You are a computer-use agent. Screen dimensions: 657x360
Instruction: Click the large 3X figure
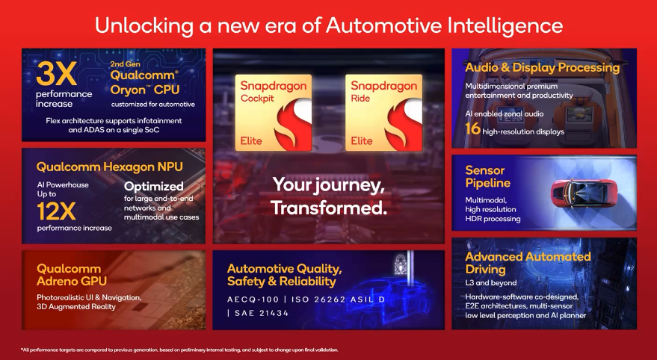(56, 74)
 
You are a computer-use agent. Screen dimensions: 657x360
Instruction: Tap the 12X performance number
(56, 211)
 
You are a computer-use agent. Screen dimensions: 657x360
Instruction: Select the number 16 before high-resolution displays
(472, 129)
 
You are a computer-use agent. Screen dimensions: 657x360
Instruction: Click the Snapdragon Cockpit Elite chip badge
(274, 113)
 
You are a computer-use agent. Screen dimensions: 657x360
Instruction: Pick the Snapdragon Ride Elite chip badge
(383, 113)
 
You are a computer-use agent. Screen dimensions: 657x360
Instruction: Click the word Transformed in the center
(329, 208)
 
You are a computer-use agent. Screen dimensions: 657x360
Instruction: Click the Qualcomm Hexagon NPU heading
(110, 167)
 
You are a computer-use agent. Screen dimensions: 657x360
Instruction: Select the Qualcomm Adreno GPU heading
(72, 275)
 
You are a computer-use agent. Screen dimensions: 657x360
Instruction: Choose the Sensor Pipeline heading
(488, 177)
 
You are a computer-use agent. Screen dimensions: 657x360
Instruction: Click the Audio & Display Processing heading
(542, 68)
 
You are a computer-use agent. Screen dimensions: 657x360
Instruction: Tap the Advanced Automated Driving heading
(528, 263)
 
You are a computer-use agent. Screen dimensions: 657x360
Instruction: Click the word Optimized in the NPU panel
(154, 186)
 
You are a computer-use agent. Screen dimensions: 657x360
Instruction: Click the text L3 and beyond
(490, 283)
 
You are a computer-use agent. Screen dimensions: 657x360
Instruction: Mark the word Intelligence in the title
(505, 25)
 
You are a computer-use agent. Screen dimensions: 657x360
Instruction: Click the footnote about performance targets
(179, 350)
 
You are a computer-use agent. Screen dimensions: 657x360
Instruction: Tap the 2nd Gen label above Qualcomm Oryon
(126, 64)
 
